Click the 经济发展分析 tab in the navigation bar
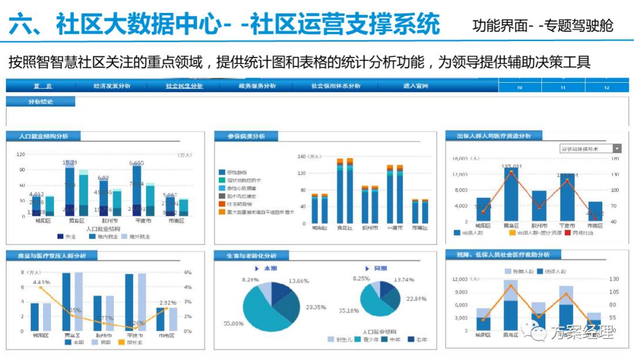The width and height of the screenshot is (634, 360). (x=112, y=86)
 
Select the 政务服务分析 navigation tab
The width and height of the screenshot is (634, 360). (x=257, y=86)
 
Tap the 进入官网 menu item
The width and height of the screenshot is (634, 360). (x=416, y=86)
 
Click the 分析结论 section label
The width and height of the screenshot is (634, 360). (x=41, y=102)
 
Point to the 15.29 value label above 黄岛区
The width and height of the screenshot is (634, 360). (x=70, y=162)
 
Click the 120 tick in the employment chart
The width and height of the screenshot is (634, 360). (x=21, y=155)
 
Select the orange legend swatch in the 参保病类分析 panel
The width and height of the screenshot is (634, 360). (x=222, y=211)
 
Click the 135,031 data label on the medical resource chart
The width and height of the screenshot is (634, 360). (x=511, y=166)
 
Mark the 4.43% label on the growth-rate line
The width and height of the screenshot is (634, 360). (x=41, y=282)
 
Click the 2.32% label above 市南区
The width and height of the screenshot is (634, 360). (x=168, y=303)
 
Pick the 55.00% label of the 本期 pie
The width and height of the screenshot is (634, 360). (x=234, y=324)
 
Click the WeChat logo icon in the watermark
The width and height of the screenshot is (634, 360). (x=537, y=334)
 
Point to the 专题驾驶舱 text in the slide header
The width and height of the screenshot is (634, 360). (x=578, y=25)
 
